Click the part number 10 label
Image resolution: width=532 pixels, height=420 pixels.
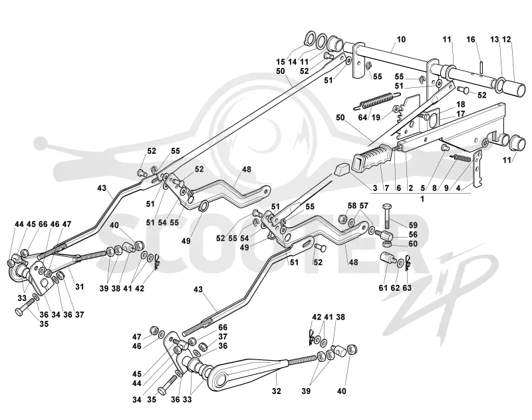click(x=401, y=39)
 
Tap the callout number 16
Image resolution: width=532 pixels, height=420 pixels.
click(x=471, y=39)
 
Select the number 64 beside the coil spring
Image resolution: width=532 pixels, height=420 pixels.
click(x=362, y=117)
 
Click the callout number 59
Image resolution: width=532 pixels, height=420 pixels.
click(x=413, y=225)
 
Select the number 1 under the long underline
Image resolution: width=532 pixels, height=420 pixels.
click(x=422, y=199)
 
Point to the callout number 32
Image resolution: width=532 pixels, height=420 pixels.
click(x=277, y=391)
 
